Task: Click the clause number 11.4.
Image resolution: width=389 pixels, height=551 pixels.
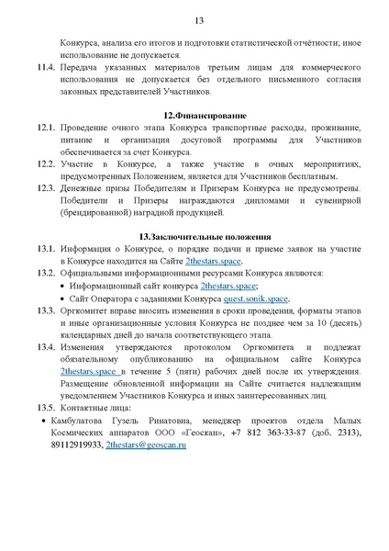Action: (47, 68)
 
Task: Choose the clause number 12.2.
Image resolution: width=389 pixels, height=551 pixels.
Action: (47, 162)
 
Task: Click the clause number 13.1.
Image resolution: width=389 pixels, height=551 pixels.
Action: (47, 249)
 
